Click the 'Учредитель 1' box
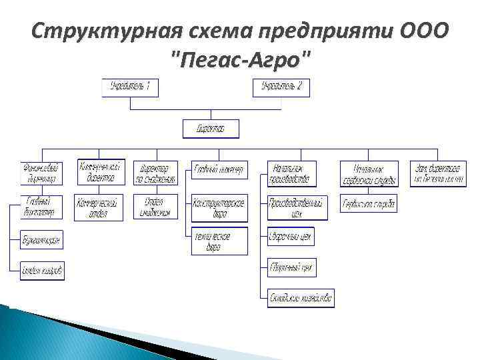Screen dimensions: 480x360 pyautogui.click(x=130, y=87)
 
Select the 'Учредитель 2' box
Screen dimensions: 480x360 pyautogui.click(x=281, y=87)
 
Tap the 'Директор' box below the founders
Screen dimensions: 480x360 pyautogui.click(x=211, y=128)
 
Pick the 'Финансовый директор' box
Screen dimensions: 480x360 pyautogui.click(x=41, y=173)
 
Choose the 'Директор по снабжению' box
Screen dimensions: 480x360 pyautogui.click(x=155, y=173)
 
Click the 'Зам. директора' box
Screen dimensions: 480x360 pyautogui.click(x=437, y=173)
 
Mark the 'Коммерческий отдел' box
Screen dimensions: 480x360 pyautogui.click(x=97, y=207)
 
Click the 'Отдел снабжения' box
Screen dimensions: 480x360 pyautogui.click(x=155, y=207)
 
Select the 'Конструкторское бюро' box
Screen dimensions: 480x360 pyautogui.click(x=219, y=208)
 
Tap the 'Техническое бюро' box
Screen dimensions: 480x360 pyautogui.click(x=219, y=241)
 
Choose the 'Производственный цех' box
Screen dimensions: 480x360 pyautogui.click(x=297, y=207)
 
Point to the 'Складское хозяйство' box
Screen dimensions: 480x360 pyautogui.click(x=301, y=297)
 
